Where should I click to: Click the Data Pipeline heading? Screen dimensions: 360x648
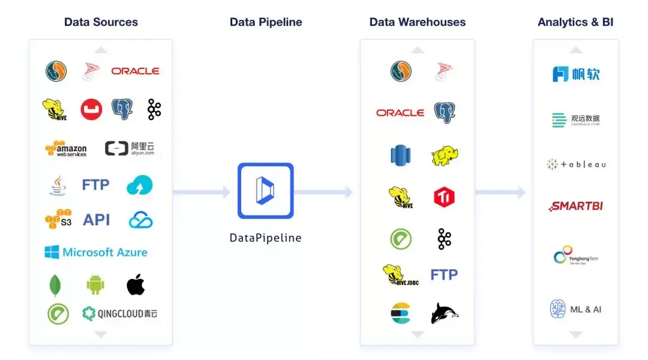[x=266, y=22]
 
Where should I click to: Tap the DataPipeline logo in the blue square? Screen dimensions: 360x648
[x=265, y=191]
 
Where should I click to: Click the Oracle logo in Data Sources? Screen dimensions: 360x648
[x=135, y=71]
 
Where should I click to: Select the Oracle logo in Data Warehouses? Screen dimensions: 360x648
[x=400, y=112]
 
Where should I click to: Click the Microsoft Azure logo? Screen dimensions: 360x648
[x=96, y=252]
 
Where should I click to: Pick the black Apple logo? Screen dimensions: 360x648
[x=136, y=284]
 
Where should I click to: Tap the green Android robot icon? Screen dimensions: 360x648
[x=95, y=284]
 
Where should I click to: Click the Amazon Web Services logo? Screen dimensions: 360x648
[x=66, y=149]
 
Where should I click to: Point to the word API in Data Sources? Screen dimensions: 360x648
[x=96, y=220]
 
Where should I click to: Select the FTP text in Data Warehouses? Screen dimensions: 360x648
[x=444, y=274]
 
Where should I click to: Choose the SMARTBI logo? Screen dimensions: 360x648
[x=576, y=206]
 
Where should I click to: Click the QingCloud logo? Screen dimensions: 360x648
[x=120, y=313]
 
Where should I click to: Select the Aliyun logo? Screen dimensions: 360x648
[x=130, y=148]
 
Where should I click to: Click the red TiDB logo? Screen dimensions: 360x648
[x=444, y=197]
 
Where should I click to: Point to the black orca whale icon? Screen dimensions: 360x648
[x=444, y=313]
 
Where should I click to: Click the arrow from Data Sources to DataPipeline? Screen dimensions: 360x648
[x=202, y=192]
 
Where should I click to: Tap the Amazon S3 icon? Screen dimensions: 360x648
[x=58, y=219]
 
